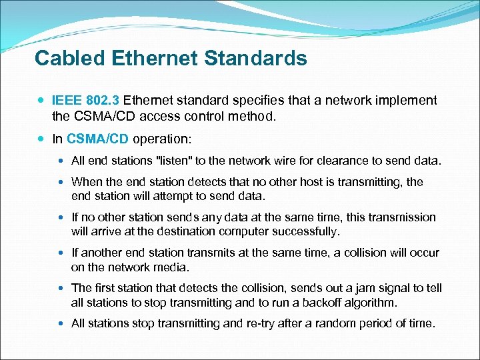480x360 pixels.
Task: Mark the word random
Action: click(x=343, y=323)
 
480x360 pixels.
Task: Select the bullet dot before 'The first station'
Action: click(x=62, y=289)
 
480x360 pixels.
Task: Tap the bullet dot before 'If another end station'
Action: click(x=62, y=253)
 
